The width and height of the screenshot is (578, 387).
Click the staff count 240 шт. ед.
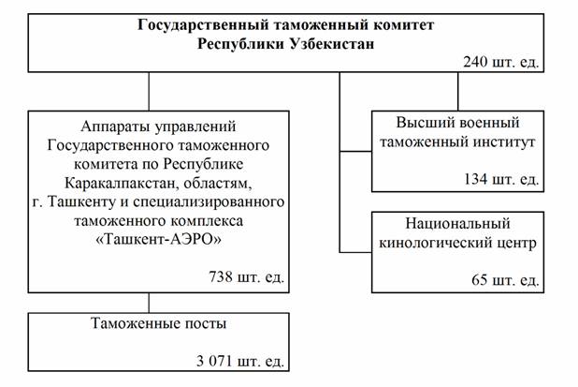500,63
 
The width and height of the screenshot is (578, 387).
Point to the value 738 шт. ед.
247,277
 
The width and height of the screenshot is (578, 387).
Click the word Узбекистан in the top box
329,43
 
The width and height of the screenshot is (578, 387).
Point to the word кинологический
441,245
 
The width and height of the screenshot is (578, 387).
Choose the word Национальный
457,226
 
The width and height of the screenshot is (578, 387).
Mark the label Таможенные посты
158,324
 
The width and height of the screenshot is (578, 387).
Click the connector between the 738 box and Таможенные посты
149,302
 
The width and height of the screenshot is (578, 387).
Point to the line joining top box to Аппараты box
149,92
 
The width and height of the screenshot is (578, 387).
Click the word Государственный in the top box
181,23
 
